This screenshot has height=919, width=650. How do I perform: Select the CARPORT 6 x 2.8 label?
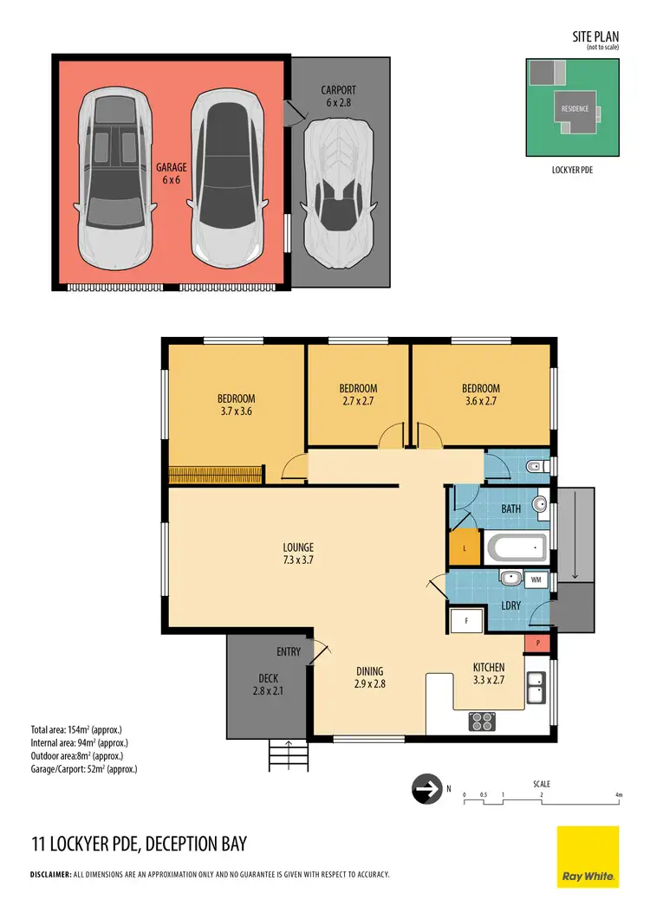(x=338, y=96)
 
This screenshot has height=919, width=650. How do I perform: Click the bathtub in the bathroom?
(x=517, y=547)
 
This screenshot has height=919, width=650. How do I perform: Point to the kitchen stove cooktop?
(x=482, y=720)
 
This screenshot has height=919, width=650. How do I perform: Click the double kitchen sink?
(x=537, y=689)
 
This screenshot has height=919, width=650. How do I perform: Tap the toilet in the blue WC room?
(x=534, y=468)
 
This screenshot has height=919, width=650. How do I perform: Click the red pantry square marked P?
(x=537, y=644)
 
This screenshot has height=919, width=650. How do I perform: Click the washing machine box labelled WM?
(x=536, y=579)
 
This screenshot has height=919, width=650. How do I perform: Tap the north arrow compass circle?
(x=425, y=790)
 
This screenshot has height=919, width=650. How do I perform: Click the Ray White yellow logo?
(x=588, y=856)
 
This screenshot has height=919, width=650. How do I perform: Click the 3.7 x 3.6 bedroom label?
(x=236, y=405)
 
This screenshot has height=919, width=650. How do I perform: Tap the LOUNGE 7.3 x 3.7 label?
(x=297, y=553)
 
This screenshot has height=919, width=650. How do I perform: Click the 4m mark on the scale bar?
(x=618, y=794)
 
